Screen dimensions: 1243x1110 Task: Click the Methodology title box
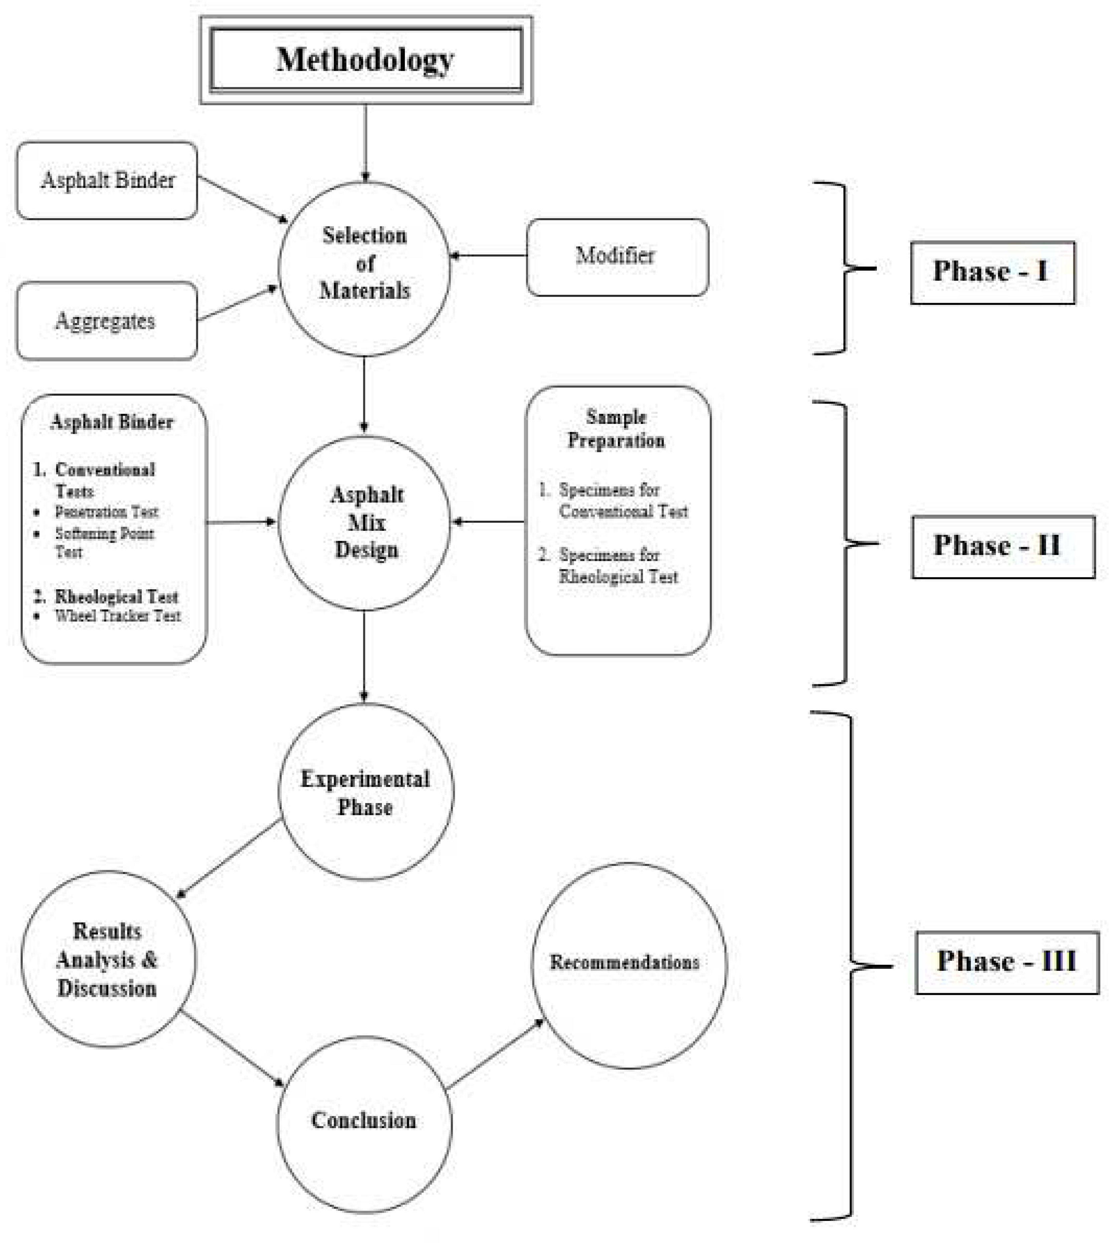click(x=366, y=60)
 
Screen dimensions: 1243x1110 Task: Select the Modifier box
click(x=616, y=257)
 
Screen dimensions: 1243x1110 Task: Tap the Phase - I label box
click(x=992, y=273)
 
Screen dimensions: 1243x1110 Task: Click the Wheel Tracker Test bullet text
click(x=117, y=616)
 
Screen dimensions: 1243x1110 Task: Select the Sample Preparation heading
click(x=616, y=429)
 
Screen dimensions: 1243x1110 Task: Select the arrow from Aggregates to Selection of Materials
click(x=237, y=303)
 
